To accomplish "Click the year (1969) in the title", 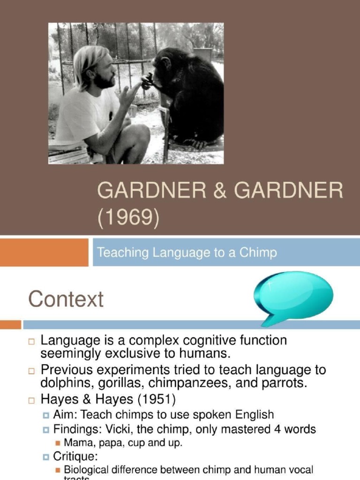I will click(x=128, y=218).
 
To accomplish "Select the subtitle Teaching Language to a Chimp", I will click(x=187, y=253).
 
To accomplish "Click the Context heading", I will click(x=66, y=299).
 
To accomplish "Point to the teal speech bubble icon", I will click(x=293, y=297).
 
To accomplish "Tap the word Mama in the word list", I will click(x=76, y=442).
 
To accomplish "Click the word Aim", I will click(x=63, y=415).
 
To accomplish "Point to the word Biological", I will click(x=87, y=470).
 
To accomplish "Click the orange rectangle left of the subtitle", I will click(x=44, y=252).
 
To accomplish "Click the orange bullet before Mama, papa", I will click(x=58, y=442).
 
